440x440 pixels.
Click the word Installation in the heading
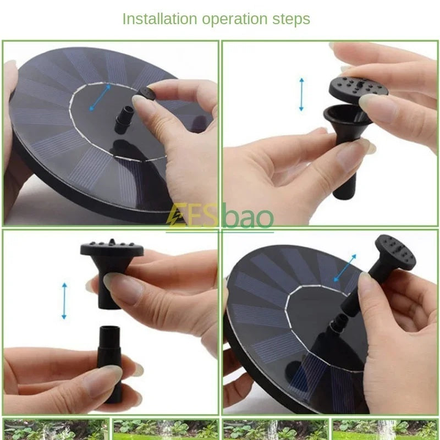159,19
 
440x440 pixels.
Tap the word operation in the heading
235,20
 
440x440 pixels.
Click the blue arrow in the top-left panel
100,98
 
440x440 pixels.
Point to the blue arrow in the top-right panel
301,94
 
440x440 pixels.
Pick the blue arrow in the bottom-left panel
64,301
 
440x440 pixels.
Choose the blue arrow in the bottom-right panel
345,268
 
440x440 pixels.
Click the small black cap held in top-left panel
147,93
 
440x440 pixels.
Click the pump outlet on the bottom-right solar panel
338,322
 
